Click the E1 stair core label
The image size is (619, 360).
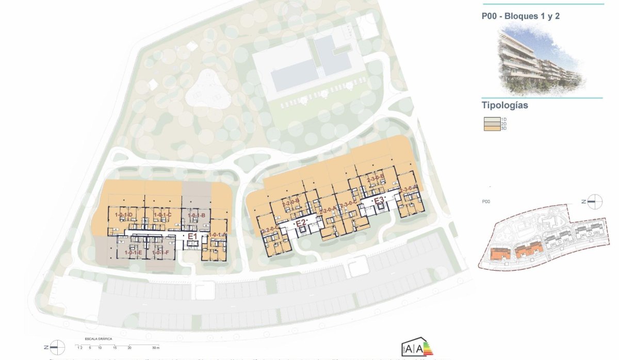pyautogui.click(x=193, y=236)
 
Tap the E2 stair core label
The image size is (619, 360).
pyautogui.click(x=301, y=223)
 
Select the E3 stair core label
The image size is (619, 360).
pyautogui.click(x=379, y=200)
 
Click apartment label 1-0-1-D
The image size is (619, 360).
pyautogui.click(x=124, y=215)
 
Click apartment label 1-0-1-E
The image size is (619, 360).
pyautogui.click(x=133, y=253)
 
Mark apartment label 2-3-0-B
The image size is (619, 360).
pyautogui.click(x=376, y=178)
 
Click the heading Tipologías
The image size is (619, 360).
pyautogui.click(x=504, y=106)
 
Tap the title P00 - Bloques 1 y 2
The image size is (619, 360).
pyautogui.click(x=520, y=16)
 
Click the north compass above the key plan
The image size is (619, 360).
pyautogui.click(x=593, y=202)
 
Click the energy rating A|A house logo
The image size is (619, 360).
pyautogui.click(x=415, y=349)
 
